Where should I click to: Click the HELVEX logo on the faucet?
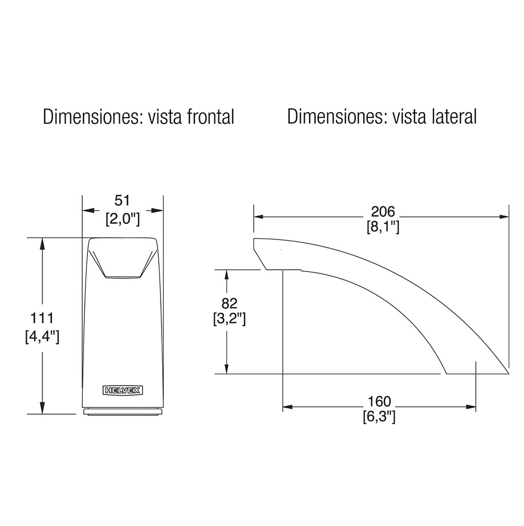click(123, 390)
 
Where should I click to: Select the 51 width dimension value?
click(122, 201)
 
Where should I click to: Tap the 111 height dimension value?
click(42, 318)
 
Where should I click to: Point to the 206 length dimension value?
click(383, 212)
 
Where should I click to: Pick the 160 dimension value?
click(379, 401)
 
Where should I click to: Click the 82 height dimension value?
click(229, 303)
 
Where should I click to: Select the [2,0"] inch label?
click(122, 220)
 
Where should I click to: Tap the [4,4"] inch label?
click(42, 337)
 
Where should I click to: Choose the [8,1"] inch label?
click(383, 227)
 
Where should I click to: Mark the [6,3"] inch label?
click(379, 417)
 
